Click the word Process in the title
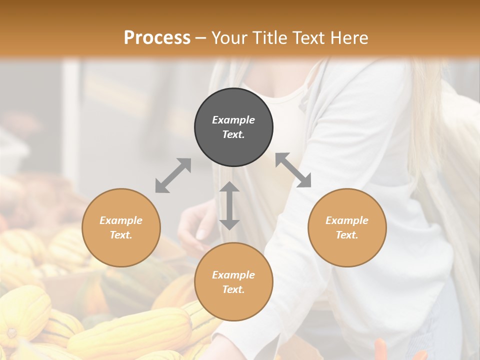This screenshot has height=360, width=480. [157, 38]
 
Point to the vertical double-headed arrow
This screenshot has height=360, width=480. [229, 206]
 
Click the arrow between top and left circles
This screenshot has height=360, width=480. [173, 175]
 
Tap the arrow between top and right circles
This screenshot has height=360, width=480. [293, 170]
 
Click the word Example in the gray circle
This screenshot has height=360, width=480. [233, 120]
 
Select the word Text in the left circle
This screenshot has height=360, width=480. [121, 235]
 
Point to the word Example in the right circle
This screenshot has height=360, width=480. [347, 220]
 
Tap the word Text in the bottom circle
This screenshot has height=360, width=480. [233, 289]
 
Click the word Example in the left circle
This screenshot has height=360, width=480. [121, 220]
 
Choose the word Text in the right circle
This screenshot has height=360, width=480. [347, 235]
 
